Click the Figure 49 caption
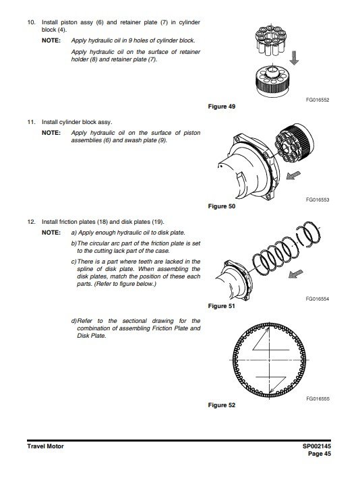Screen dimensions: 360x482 tap(222, 107)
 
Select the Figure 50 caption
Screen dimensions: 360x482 tap(222, 206)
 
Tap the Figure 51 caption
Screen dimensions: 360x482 tap(221, 306)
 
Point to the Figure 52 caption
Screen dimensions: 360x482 tap(222, 405)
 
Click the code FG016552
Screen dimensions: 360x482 tap(318, 100)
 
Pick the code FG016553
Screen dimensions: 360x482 tap(318, 200)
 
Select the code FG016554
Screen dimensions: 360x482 tap(318, 299)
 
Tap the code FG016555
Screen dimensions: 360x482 tap(318, 398)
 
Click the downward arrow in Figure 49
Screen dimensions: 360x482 tap(294, 58)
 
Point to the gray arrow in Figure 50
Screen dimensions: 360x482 tap(293, 175)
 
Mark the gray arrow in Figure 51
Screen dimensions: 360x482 tap(296, 274)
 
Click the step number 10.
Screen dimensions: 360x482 tap(32, 22)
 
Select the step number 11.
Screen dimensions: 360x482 tap(32, 122)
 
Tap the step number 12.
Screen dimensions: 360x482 tap(32, 222)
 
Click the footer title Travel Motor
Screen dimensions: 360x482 tap(45, 446)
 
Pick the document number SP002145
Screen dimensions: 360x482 tap(317, 446)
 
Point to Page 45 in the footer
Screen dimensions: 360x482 tap(320, 454)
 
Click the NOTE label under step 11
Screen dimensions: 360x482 tap(51, 133)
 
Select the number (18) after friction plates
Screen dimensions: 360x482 tap(102, 222)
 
